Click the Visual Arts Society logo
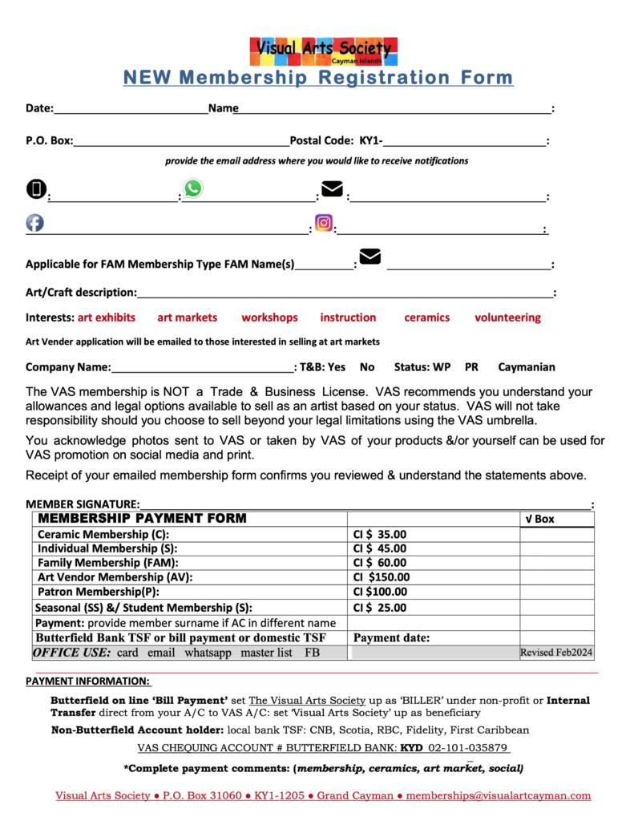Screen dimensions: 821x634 323,51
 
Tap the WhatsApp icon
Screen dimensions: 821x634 193,188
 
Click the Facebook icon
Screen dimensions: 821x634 35,223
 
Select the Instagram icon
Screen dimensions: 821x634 324,223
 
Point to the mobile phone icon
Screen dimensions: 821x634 36,188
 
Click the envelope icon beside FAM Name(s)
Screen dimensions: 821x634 369,257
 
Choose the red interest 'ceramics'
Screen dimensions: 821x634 426,317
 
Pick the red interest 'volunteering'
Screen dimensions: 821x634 507,317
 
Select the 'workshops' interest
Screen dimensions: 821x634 269,317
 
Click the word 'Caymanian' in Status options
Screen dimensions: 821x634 526,367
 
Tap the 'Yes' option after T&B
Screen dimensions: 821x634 337,367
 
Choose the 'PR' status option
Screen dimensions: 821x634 471,367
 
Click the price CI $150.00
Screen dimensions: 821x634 382,576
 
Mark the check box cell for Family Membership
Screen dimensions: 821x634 556,563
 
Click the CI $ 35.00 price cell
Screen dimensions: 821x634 380,534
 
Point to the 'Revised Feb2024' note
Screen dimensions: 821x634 556,653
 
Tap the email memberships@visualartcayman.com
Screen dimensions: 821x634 499,796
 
